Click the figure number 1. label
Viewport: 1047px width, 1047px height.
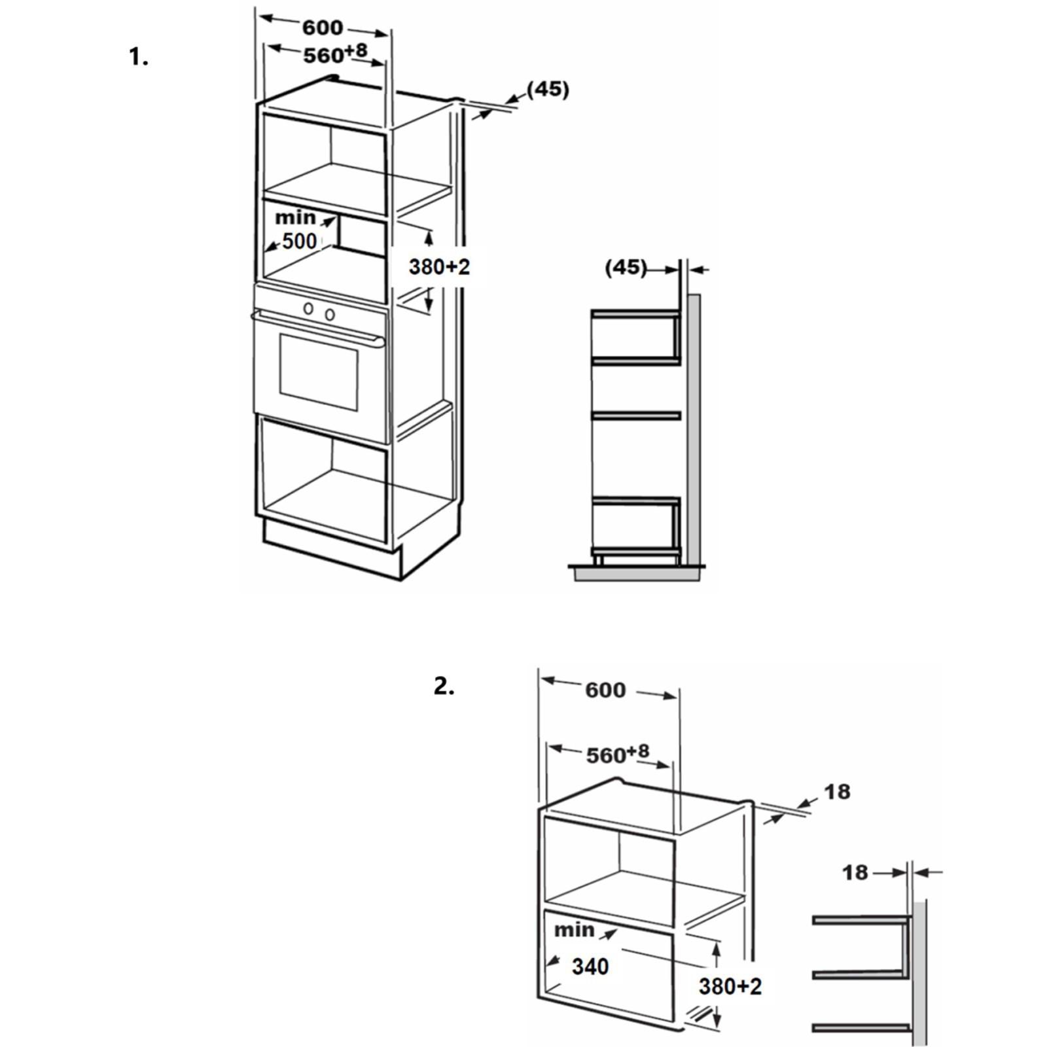pyautogui.click(x=139, y=57)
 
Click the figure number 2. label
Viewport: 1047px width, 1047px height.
pyautogui.click(x=444, y=686)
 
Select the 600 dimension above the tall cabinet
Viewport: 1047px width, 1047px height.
pyautogui.click(x=322, y=27)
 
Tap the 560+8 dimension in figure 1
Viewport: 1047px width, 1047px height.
pyautogui.click(x=334, y=54)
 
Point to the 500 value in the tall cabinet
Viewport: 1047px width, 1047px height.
pyautogui.click(x=299, y=241)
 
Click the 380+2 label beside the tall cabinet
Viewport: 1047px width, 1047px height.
pyautogui.click(x=439, y=267)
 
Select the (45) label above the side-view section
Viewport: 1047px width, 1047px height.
pyautogui.click(x=626, y=267)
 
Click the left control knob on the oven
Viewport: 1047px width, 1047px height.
pyautogui.click(x=308, y=308)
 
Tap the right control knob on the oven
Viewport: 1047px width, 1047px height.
pyautogui.click(x=330, y=315)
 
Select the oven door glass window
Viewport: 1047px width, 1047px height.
pyautogui.click(x=319, y=371)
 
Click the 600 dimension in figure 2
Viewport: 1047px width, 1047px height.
pyautogui.click(x=605, y=690)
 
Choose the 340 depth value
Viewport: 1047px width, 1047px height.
pyautogui.click(x=590, y=967)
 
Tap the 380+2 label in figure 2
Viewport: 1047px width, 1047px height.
pyautogui.click(x=730, y=986)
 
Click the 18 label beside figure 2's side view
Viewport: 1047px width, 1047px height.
pyautogui.click(x=855, y=872)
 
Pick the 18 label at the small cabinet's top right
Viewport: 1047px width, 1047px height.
pyautogui.click(x=837, y=792)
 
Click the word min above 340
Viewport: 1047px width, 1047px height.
pyautogui.click(x=574, y=930)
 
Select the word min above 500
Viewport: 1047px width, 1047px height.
pyautogui.click(x=295, y=217)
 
